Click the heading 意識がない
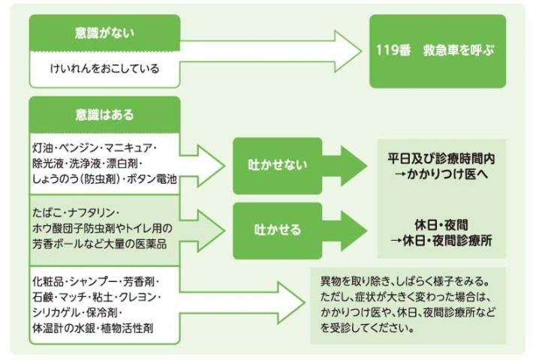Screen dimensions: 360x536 [x=104, y=34]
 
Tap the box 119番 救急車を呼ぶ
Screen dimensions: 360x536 [x=437, y=52]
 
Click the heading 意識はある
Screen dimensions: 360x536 [x=104, y=115]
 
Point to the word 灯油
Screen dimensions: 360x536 [x=43, y=144]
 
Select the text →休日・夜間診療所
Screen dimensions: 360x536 [x=441, y=240]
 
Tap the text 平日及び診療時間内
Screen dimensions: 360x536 [x=441, y=159]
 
